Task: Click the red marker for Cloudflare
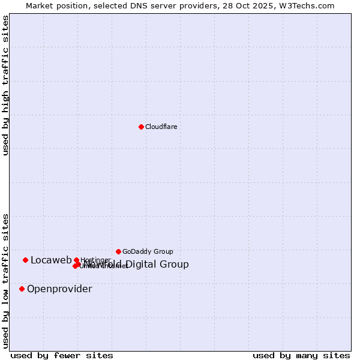tap(141, 127)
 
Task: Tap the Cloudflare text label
tap(161, 127)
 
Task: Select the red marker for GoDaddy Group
tap(118, 251)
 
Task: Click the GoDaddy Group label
tap(148, 251)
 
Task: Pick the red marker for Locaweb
tap(25, 260)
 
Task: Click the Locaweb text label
tap(51, 260)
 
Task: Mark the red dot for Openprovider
tap(22, 289)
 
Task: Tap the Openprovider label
tap(59, 289)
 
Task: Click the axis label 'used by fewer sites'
tap(62, 355)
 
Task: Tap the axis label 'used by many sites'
tap(301, 355)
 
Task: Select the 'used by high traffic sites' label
tap(5, 86)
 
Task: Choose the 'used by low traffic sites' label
tap(5, 281)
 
